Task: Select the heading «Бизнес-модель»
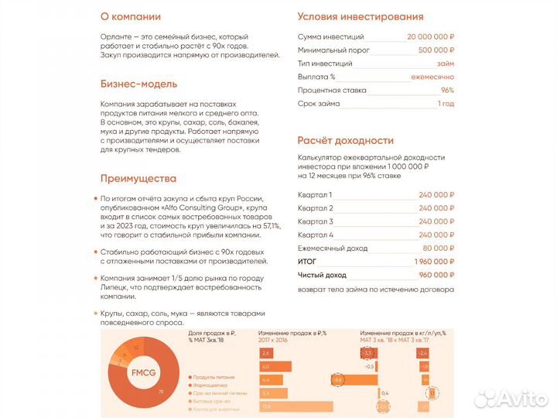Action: point(138,84)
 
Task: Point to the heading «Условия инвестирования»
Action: point(360,16)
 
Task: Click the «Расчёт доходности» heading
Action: point(346,141)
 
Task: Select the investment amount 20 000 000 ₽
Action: point(430,37)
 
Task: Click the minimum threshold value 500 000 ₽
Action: point(436,50)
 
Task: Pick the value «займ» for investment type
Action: point(446,63)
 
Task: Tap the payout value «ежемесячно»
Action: point(434,77)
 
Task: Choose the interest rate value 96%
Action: point(447,90)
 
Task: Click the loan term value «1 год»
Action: point(446,104)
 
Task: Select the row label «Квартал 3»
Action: point(315,221)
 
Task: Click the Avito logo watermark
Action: point(511,399)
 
